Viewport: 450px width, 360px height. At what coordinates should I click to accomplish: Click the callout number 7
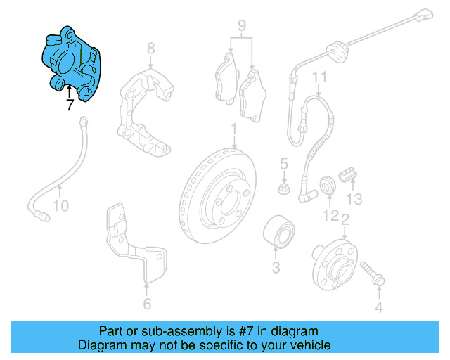point(69,105)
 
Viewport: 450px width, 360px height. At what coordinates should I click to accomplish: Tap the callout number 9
point(241,29)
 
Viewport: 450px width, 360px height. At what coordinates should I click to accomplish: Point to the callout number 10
point(61,206)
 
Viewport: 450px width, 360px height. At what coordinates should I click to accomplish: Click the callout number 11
point(320,77)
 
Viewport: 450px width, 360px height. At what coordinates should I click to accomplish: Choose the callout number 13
point(355,199)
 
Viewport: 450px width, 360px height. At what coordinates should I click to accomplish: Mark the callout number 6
point(146,304)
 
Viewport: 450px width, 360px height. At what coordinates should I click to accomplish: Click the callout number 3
point(276,267)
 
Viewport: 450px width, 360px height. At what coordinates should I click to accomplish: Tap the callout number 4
point(378,307)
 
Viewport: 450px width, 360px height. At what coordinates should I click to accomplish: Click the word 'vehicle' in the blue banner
point(307,345)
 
